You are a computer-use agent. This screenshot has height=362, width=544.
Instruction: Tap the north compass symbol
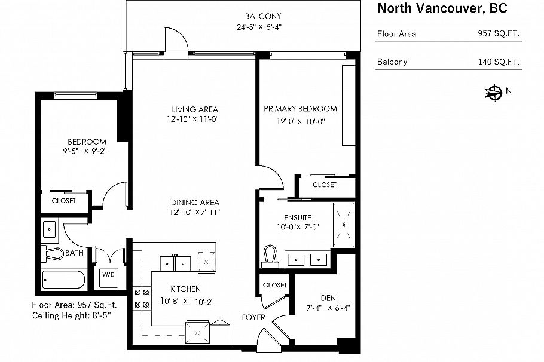pyautogui.click(x=495, y=92)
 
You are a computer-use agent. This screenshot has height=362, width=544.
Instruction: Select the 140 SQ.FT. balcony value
pyautogui.click(x=499, y=62)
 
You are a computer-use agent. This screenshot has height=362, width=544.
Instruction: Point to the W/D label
pyautogui.click(x=108, y=275)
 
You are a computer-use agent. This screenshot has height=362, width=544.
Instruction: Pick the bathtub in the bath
pyautogui.click(x=65, y=280)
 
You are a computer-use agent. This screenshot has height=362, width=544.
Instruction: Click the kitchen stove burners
pyautogui.click(x=142, y=298)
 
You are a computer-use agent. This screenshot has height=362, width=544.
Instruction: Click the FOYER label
pyautogui.click(x=253, y=317)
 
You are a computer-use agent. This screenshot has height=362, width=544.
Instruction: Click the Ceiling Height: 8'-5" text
pyautogui.click(x=74, y=315)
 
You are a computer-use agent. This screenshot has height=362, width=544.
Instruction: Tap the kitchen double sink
pyautogui.click(x=175, y=263)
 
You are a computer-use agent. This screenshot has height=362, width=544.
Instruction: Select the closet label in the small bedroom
pyautogui.click(x=63, y=201)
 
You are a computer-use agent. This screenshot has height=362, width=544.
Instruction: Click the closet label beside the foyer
pyautogui.click(x=274, y=285)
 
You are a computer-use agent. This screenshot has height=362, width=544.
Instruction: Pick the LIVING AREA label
pyautogui.click(x=195, y=109)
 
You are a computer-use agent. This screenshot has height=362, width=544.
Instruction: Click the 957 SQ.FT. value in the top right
pyautogui.click(x=499, y=34)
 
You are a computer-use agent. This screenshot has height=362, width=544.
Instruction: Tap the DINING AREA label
pyautogui.click(x=195, y=202)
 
